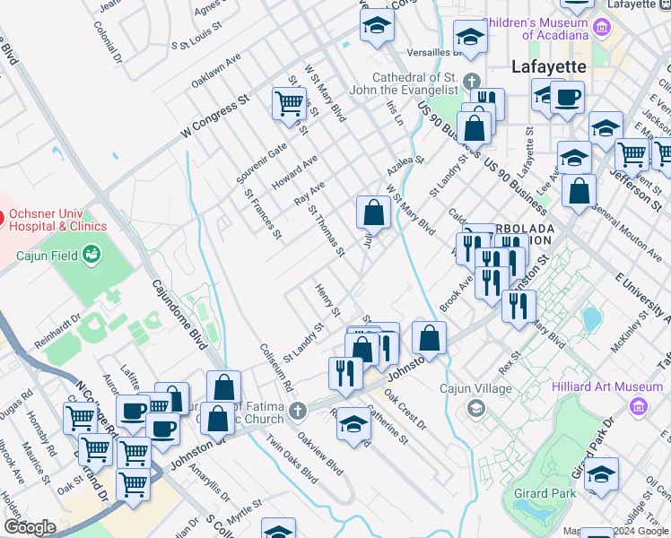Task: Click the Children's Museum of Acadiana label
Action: click(x=536, y=28)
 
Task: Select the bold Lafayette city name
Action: click(x=548, y=66)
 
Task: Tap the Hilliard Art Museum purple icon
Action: click(x=639, y=408)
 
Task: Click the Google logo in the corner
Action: click(x=29, y=527)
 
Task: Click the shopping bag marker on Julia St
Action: click(x=373, y=213)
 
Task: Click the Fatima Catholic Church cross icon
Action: click(x=297, y=412)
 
